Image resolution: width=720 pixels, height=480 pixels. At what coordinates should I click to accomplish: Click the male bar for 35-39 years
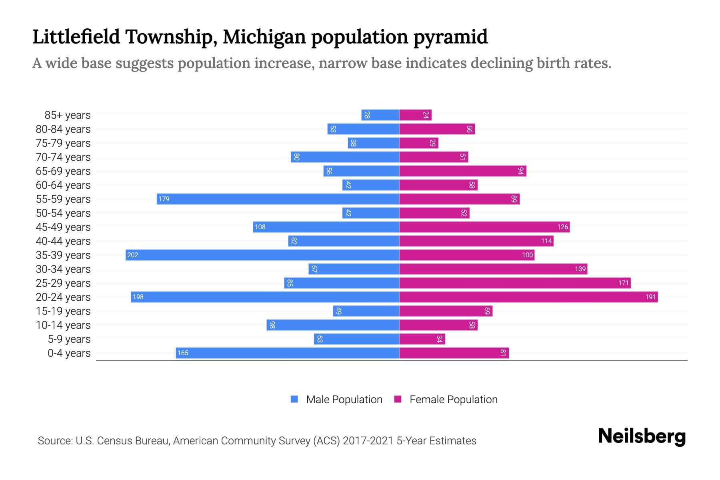pos(262,255)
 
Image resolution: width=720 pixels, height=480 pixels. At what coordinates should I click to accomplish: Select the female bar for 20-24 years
pos(528,297)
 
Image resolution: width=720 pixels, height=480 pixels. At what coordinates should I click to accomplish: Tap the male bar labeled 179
pos(278,199)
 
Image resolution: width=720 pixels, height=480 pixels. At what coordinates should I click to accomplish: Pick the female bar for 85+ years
pos(415,115)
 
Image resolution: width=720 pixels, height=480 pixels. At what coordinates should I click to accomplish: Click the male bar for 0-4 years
pos(287,353)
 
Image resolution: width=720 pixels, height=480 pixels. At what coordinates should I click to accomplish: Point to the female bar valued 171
pos(515,283)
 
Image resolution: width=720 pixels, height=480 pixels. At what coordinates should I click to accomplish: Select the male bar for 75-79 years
pos(374,143)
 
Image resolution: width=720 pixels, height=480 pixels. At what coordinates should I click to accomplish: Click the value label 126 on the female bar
pos(562,227)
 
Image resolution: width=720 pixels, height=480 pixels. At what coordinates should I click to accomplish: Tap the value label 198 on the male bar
pos(138,297)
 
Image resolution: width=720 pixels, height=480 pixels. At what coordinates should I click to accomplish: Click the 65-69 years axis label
pos(63,171)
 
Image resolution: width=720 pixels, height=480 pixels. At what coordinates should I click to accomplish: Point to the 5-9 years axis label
pos(69,339)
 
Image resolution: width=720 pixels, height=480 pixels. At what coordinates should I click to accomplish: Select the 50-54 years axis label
pos(63,213)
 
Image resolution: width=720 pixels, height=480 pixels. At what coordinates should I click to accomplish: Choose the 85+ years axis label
pos(68,115)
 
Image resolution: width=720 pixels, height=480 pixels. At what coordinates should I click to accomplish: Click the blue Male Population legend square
pos(294,399)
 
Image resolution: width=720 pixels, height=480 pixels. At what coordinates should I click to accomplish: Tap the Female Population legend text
pos(453,400)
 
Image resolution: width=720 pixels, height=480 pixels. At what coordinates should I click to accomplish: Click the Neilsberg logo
pos(642,436)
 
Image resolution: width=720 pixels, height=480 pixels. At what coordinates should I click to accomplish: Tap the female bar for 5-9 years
pos(422,339)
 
